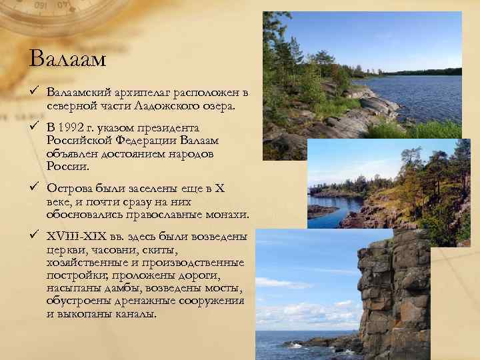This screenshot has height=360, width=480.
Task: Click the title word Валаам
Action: point(68,59)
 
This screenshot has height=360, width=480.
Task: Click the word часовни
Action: point(116,249)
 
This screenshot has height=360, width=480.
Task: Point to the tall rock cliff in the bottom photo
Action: point(393,293)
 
